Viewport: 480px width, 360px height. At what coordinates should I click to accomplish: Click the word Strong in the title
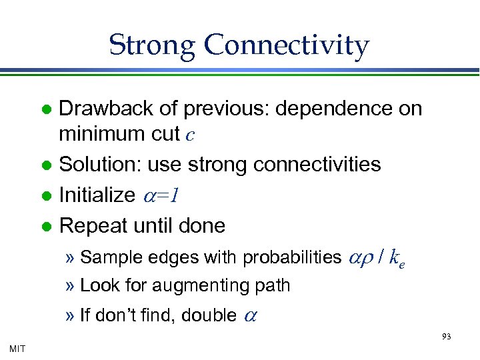click(x=152, y=45)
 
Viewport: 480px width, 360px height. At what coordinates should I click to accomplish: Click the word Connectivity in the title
click(x=287, y=45)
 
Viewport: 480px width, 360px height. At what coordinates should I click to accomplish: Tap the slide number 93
click(x=447, y=337)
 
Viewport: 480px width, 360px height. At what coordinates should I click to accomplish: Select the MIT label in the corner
click(x=18, y=348)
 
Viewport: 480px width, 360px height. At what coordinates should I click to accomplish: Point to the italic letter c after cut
click(x=190, y=135)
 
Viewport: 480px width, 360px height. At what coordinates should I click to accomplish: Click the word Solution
click(x=99, y=163)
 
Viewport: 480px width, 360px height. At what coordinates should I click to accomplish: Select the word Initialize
click(x=97, y=195)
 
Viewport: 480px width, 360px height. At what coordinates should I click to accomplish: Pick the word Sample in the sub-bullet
click(x=105, y=257)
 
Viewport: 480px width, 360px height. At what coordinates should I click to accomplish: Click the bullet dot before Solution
click(x=46, y=164)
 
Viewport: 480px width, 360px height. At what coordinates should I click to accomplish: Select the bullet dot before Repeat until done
click(x=46, y=226)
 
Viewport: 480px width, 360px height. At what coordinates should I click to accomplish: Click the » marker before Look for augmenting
click(x=71, y=286)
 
